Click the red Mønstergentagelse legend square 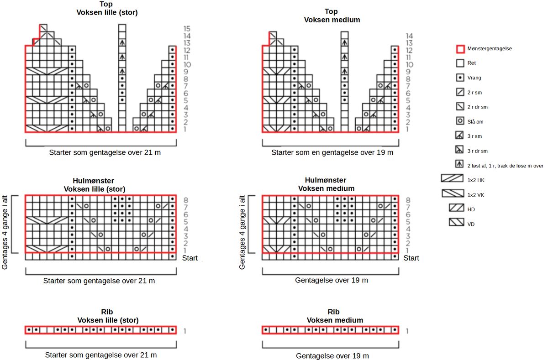click(460, 48)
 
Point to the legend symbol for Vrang click(460, 78)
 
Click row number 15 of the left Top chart click(187, 28)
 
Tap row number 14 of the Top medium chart click(409, 36)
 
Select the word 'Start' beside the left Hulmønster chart click(190, 258)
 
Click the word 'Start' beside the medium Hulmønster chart click(411, 258)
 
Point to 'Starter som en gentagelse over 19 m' click(332, 152)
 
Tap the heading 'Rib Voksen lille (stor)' click(108, 316)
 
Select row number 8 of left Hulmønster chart click(185, 200)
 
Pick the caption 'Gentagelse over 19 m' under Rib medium click(332, 355)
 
